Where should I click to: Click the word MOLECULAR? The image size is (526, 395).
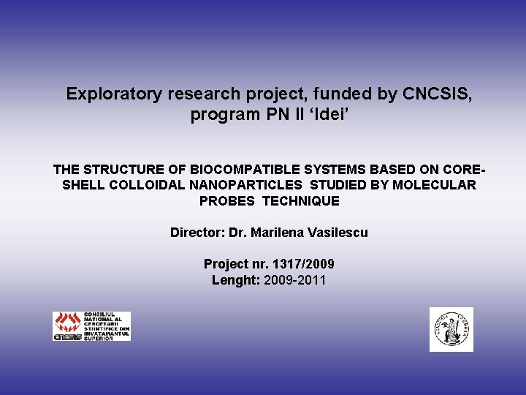(x=434, y=185)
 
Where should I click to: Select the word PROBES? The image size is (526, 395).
(x=226, y=200)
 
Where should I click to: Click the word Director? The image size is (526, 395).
(x=197, y=233)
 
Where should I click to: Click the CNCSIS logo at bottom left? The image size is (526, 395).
(x=91, y=326)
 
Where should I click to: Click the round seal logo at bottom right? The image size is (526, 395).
(x=451, y=329)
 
